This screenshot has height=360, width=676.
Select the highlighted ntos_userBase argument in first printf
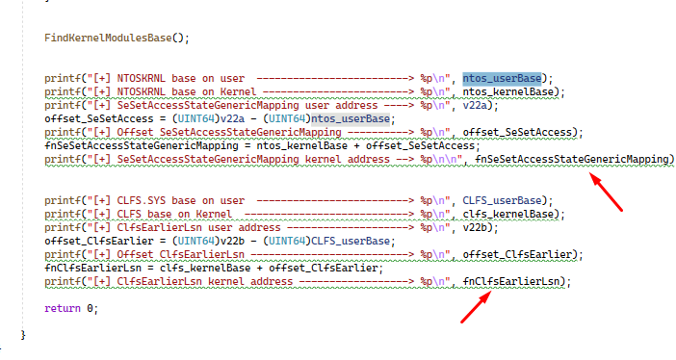tap(502, 79)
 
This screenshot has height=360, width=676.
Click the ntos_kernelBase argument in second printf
tap(507, 91)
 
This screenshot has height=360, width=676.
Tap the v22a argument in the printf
tap(475, 105)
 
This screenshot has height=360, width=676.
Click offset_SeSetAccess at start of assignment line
tap(99, 119)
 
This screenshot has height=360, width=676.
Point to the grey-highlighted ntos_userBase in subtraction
tap(351, 119)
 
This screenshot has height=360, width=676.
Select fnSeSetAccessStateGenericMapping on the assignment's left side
tap(142, 145)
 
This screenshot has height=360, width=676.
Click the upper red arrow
tap(606, 192)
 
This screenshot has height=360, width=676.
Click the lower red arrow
tap(476, 306)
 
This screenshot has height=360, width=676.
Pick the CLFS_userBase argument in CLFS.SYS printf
tap(502, 200)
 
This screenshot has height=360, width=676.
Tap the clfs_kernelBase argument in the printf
tap(507, 214)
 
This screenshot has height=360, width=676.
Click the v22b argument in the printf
tap(475, 227)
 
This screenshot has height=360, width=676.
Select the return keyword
tap(63, 308)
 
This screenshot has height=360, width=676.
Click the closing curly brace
tap(23, 335)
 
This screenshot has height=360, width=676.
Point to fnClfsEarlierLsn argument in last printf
tap(511, 281)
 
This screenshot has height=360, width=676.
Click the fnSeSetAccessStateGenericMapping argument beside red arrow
tap(572, 160)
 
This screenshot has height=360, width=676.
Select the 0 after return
tap(90, 308)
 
